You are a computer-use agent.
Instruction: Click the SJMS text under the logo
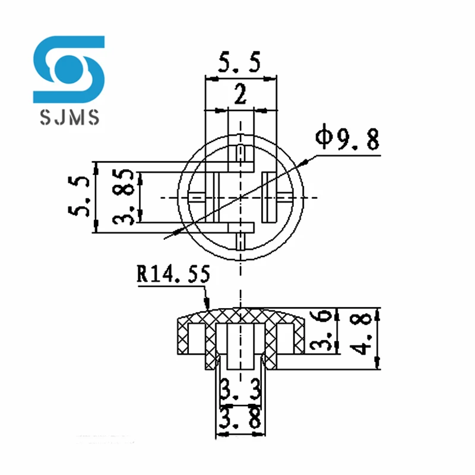click(x=69, y=118)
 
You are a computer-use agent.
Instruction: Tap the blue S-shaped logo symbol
click(x=69, y=68)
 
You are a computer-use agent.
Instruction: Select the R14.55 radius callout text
click(x=173, y=275)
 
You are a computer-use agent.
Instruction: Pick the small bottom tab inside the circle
click(x=240, y=241)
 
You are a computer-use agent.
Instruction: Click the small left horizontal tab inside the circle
click(x=197, y=197)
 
